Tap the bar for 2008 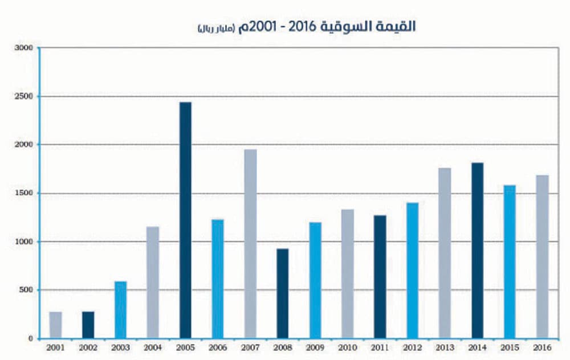283,293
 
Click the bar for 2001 55,325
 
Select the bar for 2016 542,256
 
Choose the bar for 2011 380,276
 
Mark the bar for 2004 153,282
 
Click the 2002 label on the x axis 88,347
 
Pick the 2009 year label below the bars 315,347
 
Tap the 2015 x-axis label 510,347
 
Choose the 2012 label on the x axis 413,347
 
